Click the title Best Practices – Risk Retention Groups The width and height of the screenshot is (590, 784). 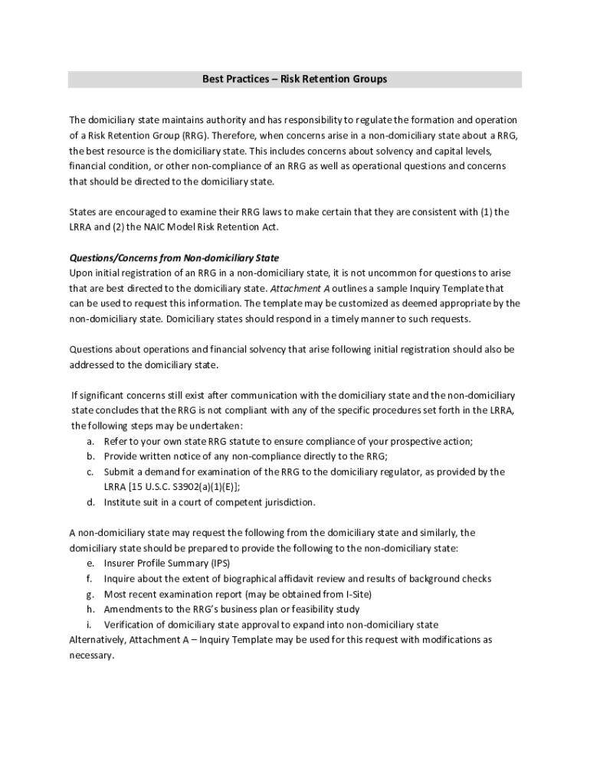click(294, 80)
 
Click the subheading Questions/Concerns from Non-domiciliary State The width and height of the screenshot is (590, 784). click(179, 257)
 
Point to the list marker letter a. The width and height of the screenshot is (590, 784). click(90, 441)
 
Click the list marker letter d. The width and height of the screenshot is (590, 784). click(90, 502)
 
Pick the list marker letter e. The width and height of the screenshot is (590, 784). click(90, 563)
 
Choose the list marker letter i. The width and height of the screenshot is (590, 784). click(90, 625)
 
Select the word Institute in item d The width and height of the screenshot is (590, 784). click(123, 502)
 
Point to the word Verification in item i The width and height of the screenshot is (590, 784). click(129, 625)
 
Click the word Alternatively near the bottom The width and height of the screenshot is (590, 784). click(97, 640)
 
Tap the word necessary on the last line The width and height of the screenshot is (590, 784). click(90, 655)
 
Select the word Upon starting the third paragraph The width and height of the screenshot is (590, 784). click(80, 273)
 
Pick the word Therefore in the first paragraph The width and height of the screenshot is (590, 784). click(234, 136)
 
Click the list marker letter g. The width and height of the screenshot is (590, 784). click(90, 594)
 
